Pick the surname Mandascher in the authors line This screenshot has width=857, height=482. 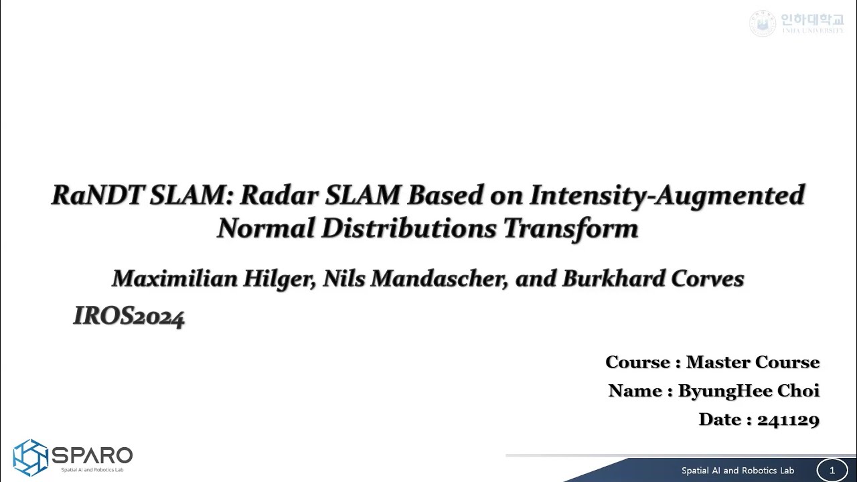tap(439, 278)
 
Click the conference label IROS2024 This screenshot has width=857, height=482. tap(129, 317)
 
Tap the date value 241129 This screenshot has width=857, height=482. tap(788, 420)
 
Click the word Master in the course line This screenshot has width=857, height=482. tap(718, 362)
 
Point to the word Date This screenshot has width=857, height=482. tap(719, 420)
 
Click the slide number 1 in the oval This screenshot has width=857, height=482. tap(832, 471)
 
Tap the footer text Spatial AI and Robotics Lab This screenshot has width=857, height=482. tap(737, 471)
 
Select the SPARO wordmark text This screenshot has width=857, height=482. tap(92, 456)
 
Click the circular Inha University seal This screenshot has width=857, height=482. tap(762, 23)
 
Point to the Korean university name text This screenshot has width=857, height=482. tap(811, 20)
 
